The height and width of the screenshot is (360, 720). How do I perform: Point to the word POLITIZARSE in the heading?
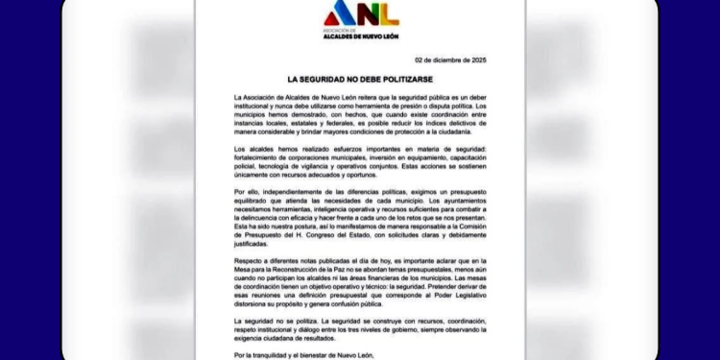pyautogui.click(x=391, y=76)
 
